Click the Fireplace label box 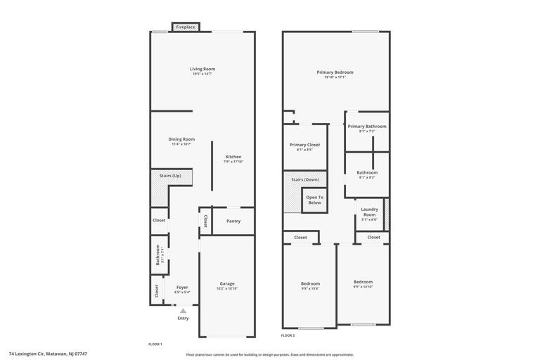click(x=186, y=27)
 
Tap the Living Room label click(x=202, y=69)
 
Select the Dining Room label click(x=181, y=139)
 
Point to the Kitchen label click(x=233, y=157)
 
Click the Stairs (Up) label click(x=170, y=176)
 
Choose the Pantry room click(x=233, y=221)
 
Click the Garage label click(x=227, y=283)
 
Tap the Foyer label click(x=182, y=287)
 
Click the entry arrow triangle click(x=183, y=310)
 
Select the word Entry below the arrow click(x=183, y=319)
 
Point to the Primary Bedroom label click(x=335, y=72)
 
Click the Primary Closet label click(x=304, y=145)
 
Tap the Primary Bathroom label click(x=367, y=127)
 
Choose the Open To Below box click(x=314, y=200)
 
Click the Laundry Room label click(x=370, y=212)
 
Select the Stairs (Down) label click(x=305, y=179)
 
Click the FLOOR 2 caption click(x=288, y=335)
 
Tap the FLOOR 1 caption click(x=155, y=344)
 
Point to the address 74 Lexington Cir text click(x=48, y=354)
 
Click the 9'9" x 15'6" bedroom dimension click(x=310, y=288)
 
